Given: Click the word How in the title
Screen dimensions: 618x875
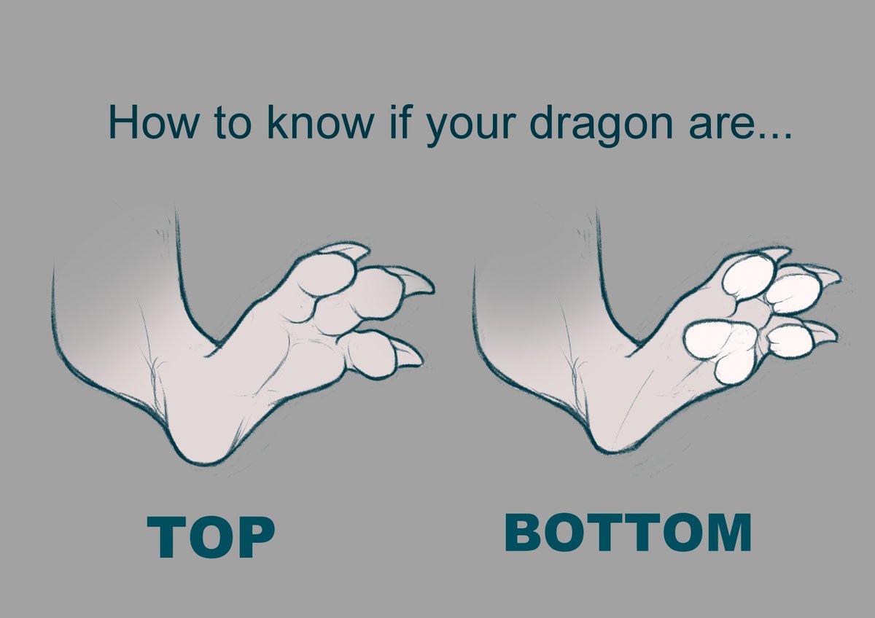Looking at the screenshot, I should coord(150,123).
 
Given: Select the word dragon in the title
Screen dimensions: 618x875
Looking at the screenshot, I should coord(589,125).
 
